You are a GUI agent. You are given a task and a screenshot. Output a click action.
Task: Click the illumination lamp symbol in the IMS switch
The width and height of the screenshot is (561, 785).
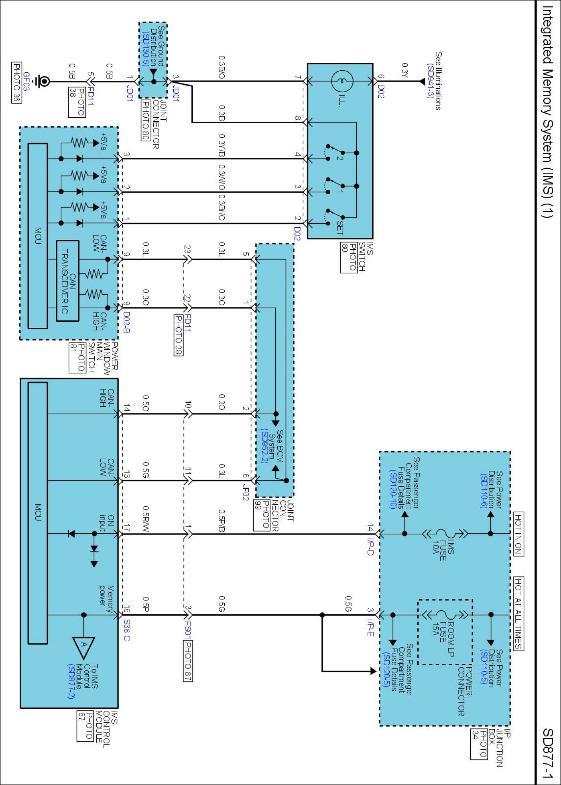pos(342,81)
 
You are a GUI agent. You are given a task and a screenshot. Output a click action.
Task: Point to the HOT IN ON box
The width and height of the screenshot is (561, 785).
pos(519,534)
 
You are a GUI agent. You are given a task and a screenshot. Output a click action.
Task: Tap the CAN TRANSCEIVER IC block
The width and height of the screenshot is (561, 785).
pos(68,281)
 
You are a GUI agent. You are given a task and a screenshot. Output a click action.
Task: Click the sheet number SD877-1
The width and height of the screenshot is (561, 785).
pos(548,753)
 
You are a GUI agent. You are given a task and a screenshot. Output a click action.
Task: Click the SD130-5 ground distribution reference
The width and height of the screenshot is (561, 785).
pos(146,49)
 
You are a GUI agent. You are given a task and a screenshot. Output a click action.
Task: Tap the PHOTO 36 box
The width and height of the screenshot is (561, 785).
pos(16,82)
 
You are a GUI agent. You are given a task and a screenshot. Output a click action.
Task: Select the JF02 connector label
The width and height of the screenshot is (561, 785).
pos(246,492)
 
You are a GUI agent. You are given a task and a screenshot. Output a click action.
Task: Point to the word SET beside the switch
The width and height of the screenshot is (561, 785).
pos(340,228)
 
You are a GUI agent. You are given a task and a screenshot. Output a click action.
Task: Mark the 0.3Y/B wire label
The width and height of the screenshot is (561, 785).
pos(222,145)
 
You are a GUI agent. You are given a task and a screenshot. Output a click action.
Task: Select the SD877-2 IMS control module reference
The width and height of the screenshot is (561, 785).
pos(71,681)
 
